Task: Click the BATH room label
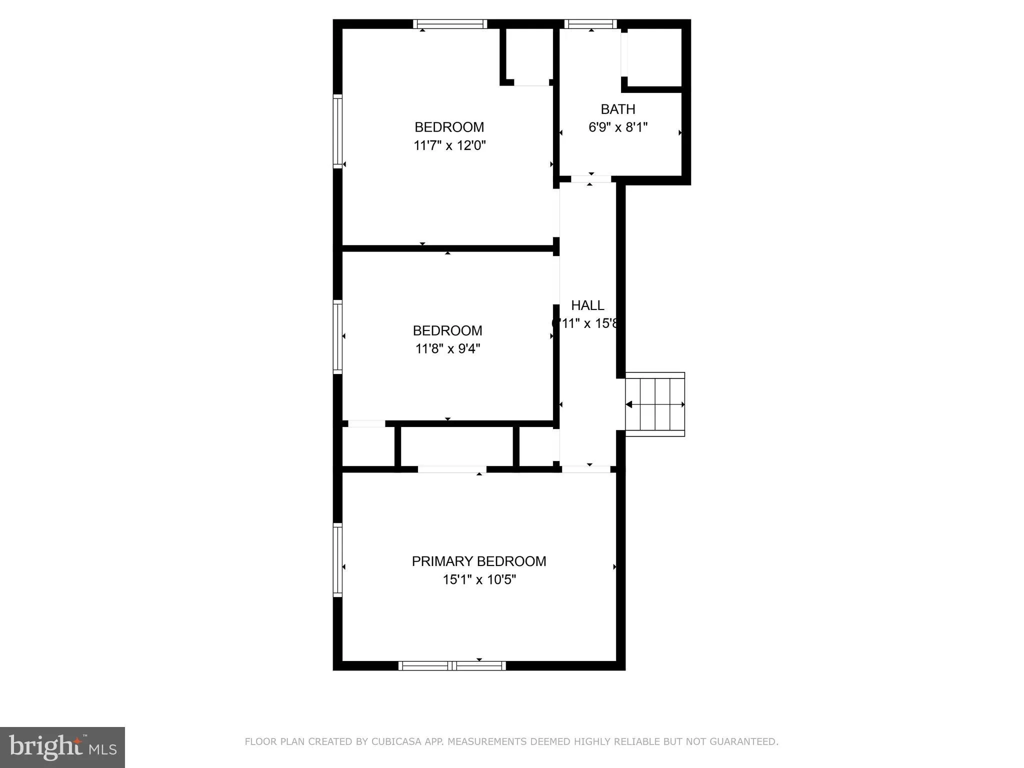617,109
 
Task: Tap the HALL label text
587,305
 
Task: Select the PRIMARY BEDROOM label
478,561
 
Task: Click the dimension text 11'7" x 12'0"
449,145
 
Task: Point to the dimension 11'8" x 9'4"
447,348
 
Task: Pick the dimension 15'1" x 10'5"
479,579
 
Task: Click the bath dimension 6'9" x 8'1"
617,127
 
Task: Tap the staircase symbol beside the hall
654,404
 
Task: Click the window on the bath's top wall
590,24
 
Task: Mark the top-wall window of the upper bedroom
450,24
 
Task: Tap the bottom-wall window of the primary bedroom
452,665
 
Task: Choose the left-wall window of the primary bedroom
338,559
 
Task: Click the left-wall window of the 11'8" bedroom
338,336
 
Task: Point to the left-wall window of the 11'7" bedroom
338,131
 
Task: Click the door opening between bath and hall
590,179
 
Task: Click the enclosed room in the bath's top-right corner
654,57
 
